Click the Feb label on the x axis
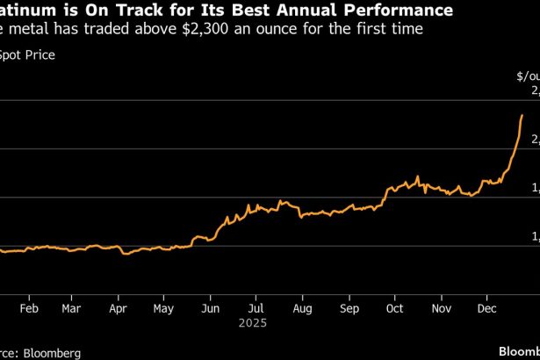(x=27, y=310)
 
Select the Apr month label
(x=118, y=310)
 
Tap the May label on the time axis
(x=162, y=310)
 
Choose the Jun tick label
(x=210, y=310)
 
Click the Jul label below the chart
(x=256, y=310)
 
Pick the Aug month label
(x=302, y=310)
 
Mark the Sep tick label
(x=349, y=310)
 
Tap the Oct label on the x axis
(x=395, y=310)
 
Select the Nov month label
(x=442, y=310)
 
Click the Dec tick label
(x=488, y=310)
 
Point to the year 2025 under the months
(x=256, y=324)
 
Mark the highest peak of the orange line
(x=522, y=115)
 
